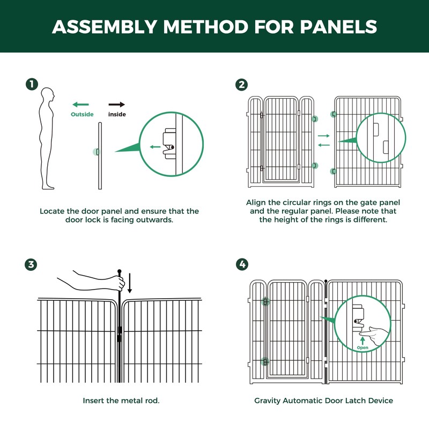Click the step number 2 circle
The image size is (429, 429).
(x=242, y=85)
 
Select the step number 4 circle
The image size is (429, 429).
(x=242, y=264)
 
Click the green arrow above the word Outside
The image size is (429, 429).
(x=81, y=105)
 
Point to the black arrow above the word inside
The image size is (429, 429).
(x=117, y=105)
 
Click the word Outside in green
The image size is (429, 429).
(x=82, y=114)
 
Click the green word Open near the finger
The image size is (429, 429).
(x=363, y=348)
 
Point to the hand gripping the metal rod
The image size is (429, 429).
(x=110, y=280)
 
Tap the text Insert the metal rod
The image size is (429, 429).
(x=121, y=401)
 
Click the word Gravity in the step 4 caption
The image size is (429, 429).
(x=268, y=401)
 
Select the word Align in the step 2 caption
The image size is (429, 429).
(x=256, y=202)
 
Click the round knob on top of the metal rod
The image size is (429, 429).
(x=120, y=271)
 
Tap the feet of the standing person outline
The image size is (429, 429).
(x=48, y=186)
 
